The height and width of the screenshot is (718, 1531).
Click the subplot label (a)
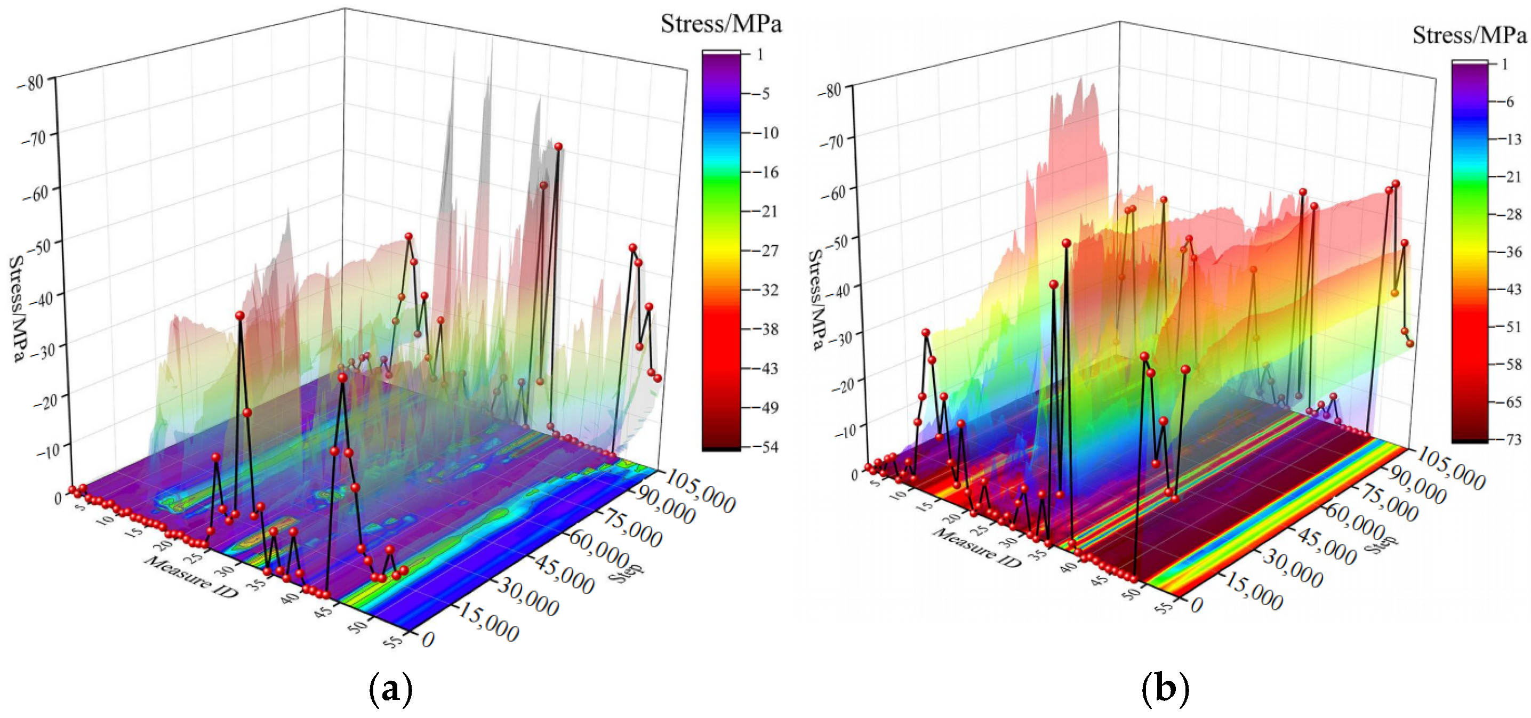(390, 689)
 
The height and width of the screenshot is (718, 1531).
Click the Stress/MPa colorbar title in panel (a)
(721, 24)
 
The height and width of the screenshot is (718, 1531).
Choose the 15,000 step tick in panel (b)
(1252, 592)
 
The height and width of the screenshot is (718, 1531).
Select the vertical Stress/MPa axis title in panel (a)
(18, 309)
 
